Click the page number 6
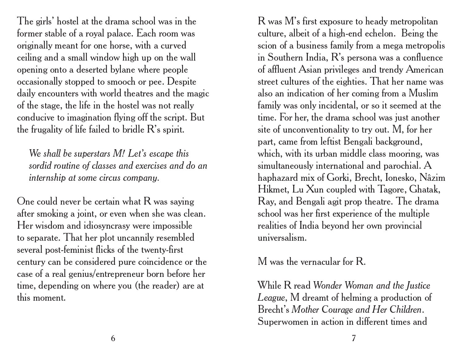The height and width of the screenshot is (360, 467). (113, 338)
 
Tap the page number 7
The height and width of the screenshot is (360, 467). (354, 338)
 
